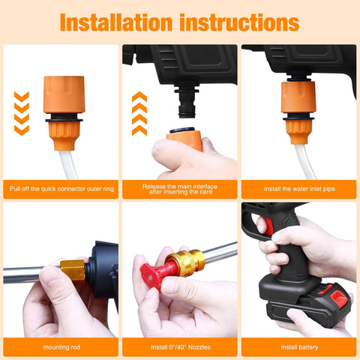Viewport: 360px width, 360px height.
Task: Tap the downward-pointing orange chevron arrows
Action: coord(22,112)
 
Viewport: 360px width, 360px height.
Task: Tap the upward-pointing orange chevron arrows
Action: coord(139,112)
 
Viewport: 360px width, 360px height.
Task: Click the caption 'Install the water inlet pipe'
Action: coord(298,189)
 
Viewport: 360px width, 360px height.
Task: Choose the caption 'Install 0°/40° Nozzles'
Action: coord(179,347)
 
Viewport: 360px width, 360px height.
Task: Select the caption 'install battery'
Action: coord(298,347)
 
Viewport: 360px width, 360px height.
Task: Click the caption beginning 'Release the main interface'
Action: coord(179,188)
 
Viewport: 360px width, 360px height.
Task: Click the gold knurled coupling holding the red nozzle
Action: coord(184,262)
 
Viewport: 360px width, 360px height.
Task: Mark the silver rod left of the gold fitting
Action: coord(30,275)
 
